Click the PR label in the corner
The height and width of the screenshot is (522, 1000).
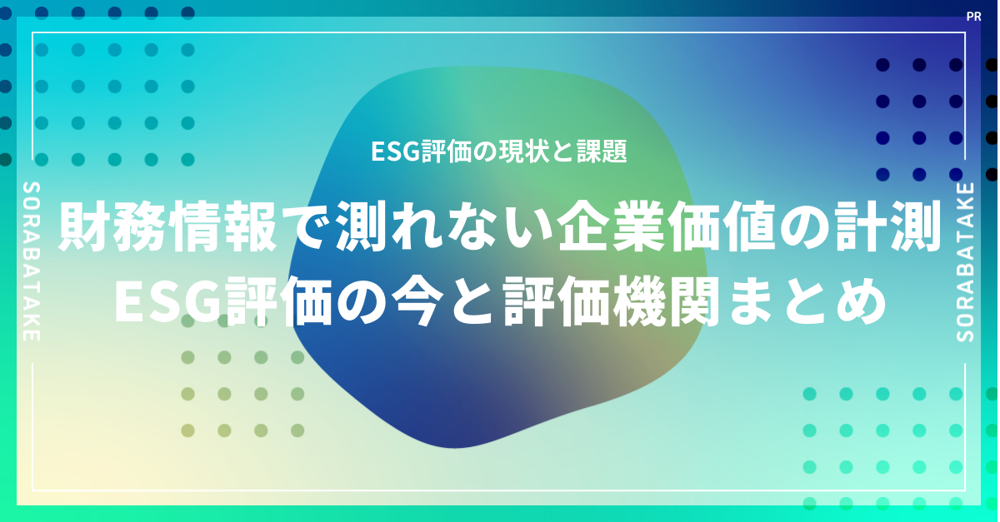coord(973,17)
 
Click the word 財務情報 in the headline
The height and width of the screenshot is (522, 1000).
coord(167,226)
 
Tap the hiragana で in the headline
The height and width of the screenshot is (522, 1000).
coord(307,226)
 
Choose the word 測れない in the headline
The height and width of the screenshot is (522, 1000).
coord(442,226)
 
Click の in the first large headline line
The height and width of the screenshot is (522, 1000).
coord(804,226)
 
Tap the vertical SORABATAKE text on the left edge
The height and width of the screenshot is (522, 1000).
coord(32,261)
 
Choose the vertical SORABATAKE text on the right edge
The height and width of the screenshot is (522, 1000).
coord(966,262)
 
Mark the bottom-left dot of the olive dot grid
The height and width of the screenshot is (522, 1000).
coord(188,430)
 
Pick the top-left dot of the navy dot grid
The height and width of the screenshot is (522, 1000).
coord(882,65)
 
